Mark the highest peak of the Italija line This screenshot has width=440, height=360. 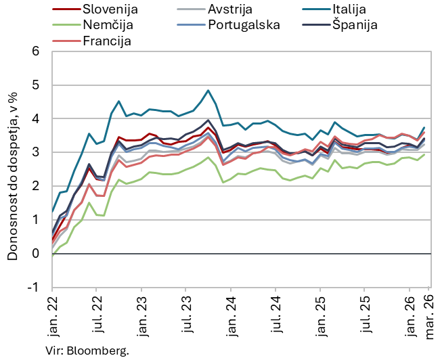(x=208, y=90)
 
